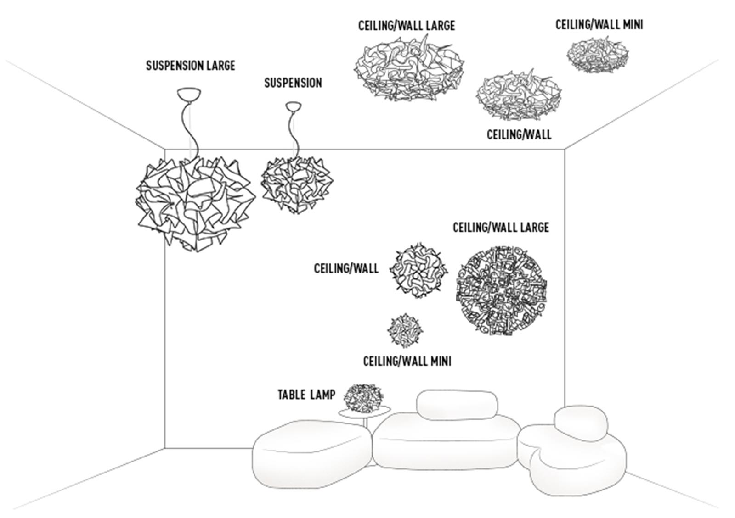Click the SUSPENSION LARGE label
[190, 66]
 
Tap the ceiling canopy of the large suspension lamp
[189, 95]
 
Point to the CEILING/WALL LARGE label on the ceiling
[406, 25]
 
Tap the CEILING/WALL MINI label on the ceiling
[599, 24]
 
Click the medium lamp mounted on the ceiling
[518, 95]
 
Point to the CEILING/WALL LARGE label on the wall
[501, 228]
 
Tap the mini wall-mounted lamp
[405, 330]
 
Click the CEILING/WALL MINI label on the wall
[407, 361]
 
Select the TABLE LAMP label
[306, 395]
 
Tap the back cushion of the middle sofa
[457, 404]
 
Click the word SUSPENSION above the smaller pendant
[293, 83]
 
